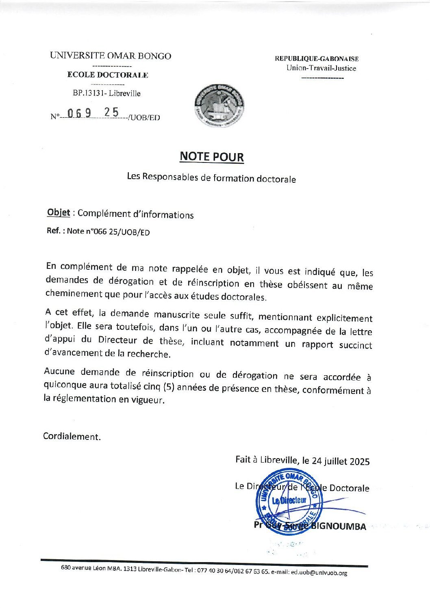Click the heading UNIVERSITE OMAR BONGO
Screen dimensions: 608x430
coord(111,56)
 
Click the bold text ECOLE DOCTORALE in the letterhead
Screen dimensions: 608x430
coord(108,75)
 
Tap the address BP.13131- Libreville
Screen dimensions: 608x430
coord(107,93)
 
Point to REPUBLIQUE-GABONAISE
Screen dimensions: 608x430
coord(317,58)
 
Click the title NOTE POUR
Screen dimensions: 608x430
coord(212,157)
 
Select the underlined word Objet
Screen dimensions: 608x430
coord(59,212)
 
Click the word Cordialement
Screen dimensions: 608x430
coord(72,437)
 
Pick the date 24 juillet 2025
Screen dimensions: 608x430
coord(341,461)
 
